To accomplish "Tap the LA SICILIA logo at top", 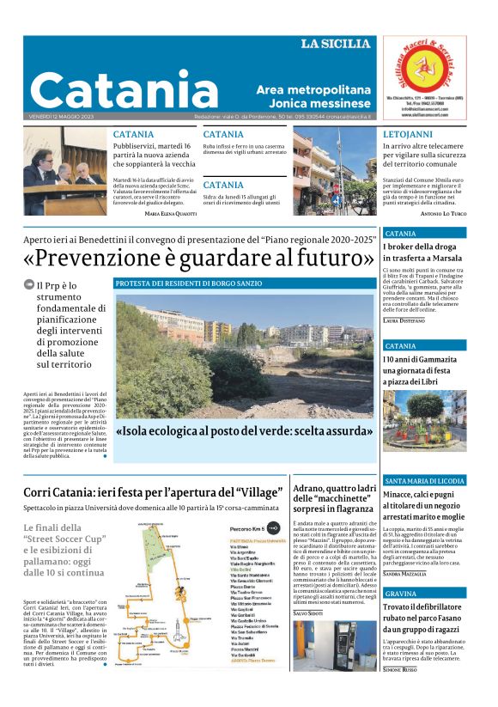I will point(336,44).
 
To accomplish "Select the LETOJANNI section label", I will point(408,135).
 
